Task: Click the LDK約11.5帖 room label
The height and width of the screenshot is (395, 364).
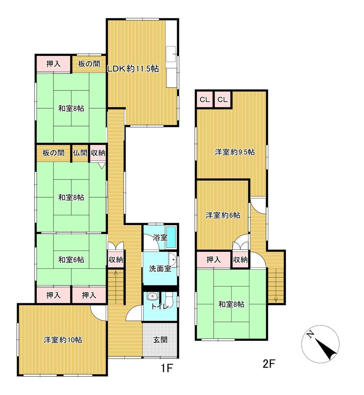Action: [x=133, y=69]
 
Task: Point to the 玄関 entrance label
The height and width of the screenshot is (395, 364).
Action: [x=160, y=340]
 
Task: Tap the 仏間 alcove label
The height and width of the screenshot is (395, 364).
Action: [x=80, y=153]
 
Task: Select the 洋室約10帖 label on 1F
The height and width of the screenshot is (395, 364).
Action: [x=63, y=340]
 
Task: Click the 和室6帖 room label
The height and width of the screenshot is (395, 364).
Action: [x=71, y=260]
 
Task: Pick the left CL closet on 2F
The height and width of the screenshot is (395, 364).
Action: [x=205, y=99]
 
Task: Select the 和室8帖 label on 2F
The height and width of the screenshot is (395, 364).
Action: [x=231, y=304]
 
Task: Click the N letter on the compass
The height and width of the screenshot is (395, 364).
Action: [x=310, y=334]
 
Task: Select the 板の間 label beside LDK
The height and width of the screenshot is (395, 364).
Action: [x=89, y=64]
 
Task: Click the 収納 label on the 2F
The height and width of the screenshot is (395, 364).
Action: [x=240, y=260]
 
